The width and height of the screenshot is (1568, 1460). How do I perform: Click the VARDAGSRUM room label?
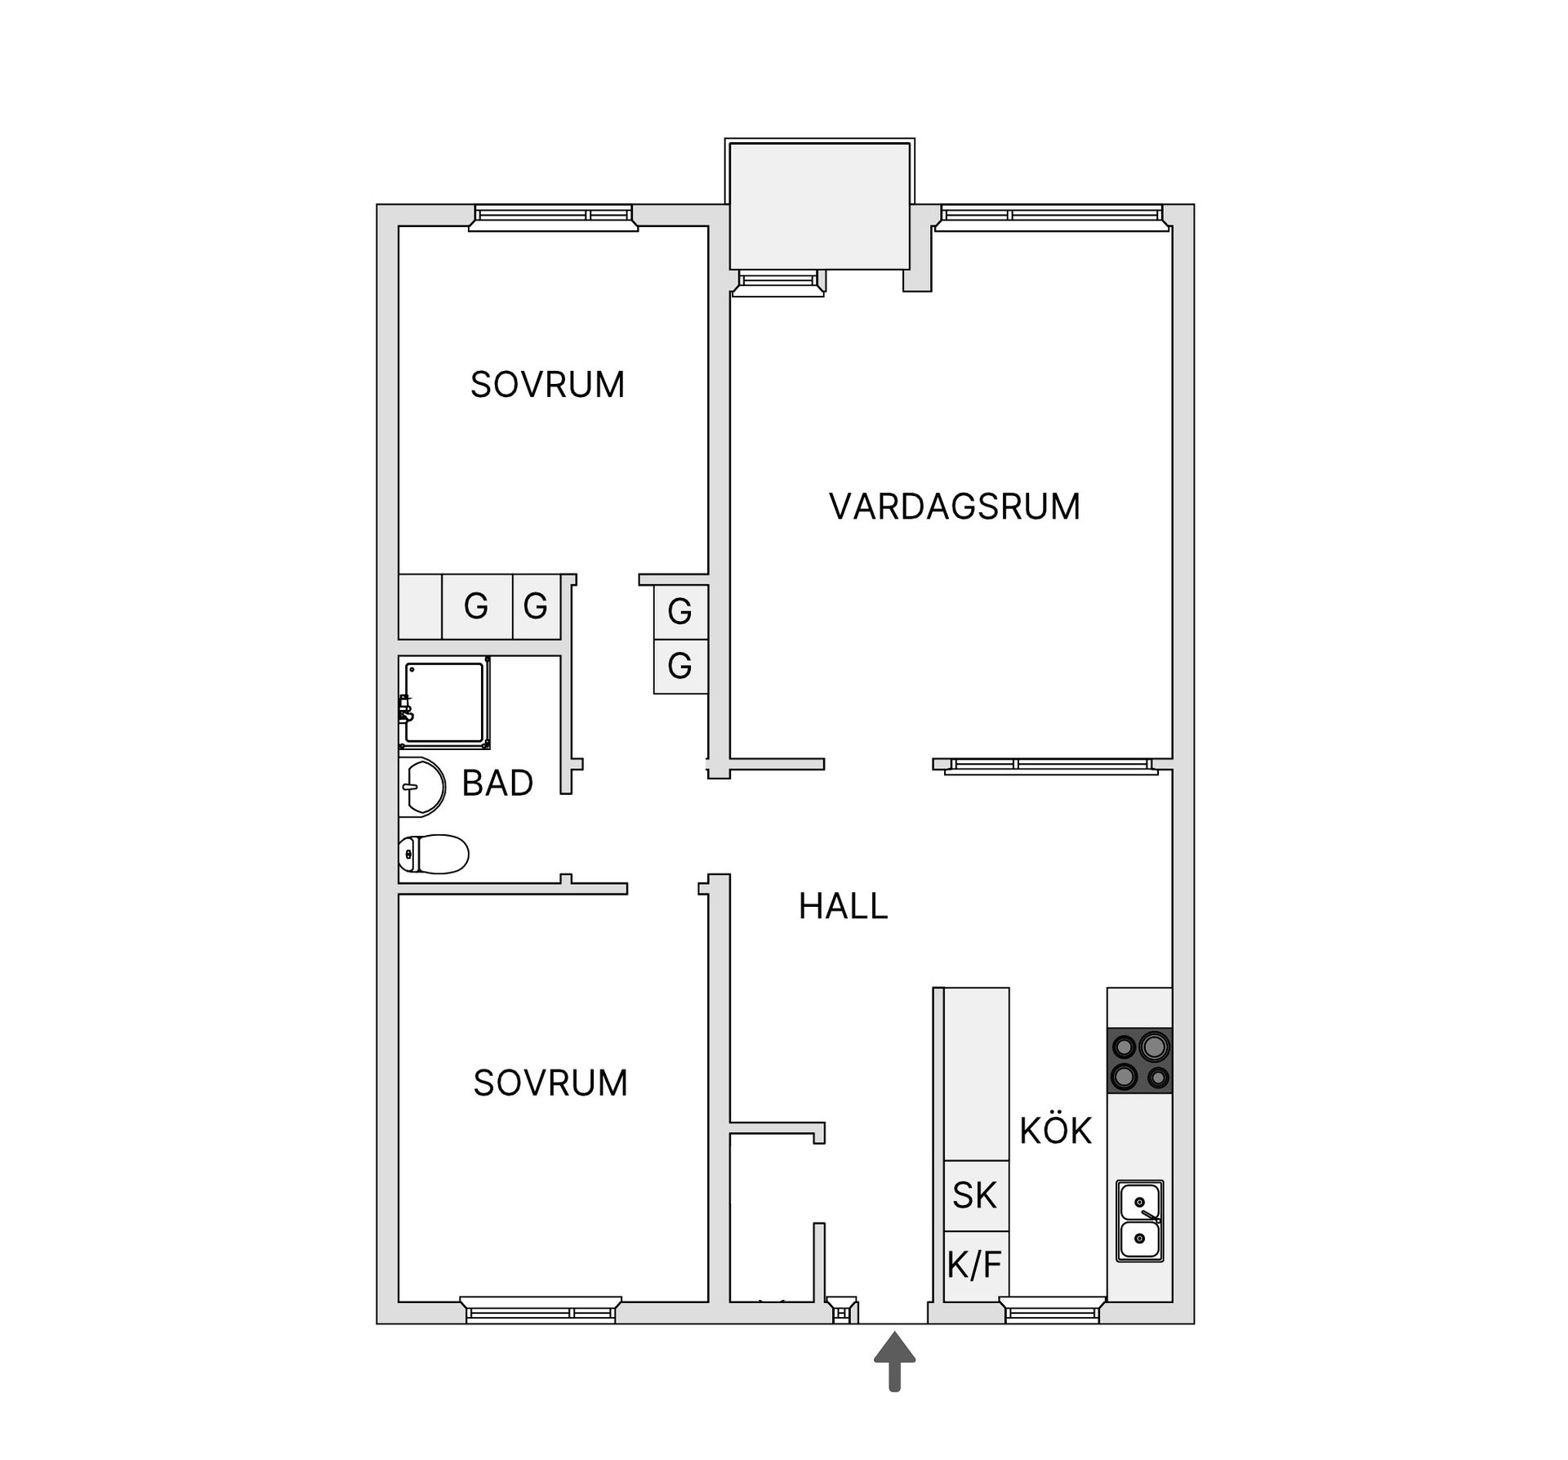(x=955, y=507)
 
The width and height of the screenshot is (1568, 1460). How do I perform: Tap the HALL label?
(x=843, y=906)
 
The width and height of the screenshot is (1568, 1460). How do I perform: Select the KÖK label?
(x=1055, y=1131)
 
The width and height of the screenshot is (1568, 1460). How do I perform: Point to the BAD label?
(x=497, y=783)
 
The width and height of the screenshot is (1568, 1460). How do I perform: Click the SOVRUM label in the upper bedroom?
(x=547, y=384)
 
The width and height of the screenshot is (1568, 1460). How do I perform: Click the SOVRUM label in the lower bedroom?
(x=550, y=1083)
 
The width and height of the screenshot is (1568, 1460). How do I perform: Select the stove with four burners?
(x=1139, y=1060)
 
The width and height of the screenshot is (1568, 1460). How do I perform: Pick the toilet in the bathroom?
(x=434, y=855)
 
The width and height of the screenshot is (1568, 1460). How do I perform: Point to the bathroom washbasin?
(x=421, y=787)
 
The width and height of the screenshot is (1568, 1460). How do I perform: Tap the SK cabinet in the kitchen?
(x=976, y=1195)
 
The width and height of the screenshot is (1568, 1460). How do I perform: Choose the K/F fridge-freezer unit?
(x=974, y=1265)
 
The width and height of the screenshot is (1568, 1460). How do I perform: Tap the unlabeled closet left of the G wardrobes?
(x=420, y=606)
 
